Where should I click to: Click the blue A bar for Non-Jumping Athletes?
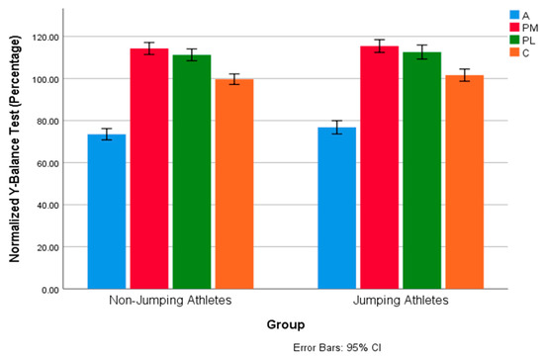tap(107, 212)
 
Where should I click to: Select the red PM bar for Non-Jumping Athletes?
tap(149, 169)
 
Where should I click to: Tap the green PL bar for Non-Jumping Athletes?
tap(191, 172)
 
